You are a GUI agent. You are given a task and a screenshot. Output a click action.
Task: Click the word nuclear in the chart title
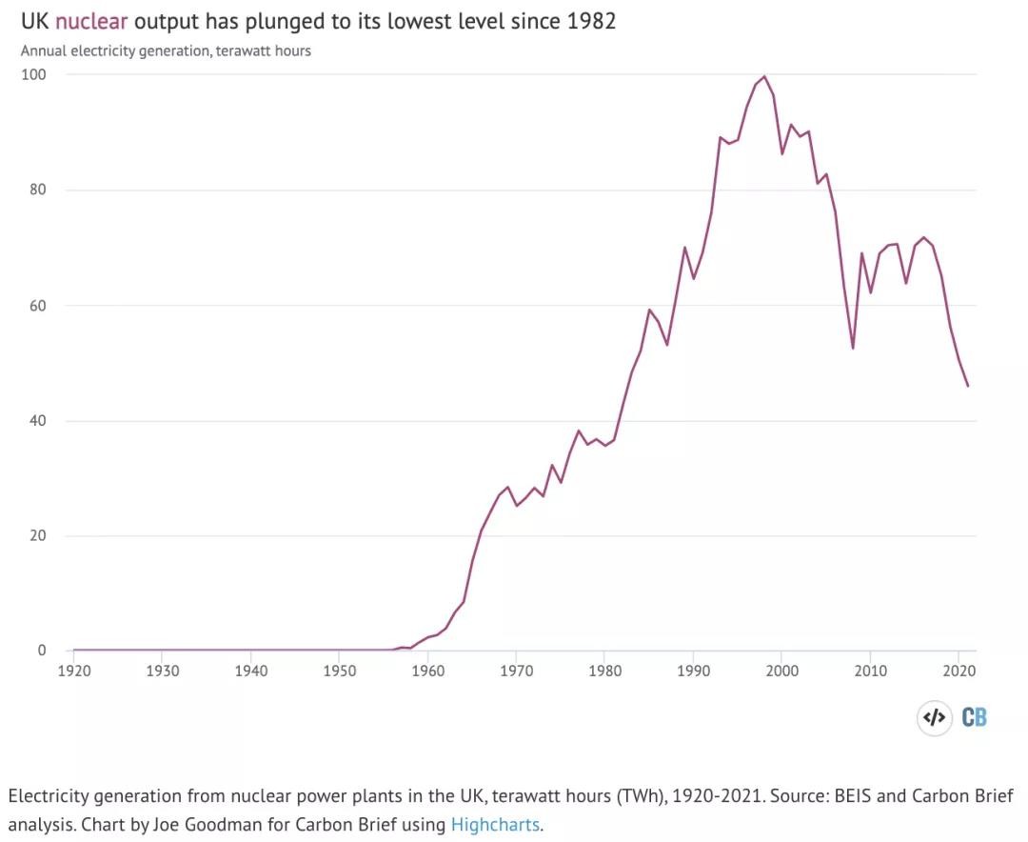90,21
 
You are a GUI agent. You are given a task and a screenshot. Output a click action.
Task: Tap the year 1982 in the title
591,21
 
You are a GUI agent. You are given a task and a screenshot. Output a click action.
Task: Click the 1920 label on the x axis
73,671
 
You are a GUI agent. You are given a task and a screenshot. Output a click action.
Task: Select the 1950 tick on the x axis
339,671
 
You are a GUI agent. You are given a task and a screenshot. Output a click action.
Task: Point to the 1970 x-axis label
516,671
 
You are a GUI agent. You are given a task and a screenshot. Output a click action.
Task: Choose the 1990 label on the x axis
693,671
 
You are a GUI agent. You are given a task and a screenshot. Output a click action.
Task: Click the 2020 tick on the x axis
959,671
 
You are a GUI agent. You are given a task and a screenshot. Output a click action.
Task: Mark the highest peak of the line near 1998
764,76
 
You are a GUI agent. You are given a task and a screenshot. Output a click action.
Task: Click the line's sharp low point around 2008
853,348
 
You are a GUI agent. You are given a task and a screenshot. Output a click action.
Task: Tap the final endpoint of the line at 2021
968,386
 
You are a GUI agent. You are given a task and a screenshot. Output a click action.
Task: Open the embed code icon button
934,717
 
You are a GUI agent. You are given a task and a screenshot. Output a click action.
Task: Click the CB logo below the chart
974,717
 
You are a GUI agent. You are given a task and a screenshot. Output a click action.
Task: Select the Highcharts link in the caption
495,824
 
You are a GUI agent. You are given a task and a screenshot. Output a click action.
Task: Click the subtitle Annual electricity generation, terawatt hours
166,50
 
